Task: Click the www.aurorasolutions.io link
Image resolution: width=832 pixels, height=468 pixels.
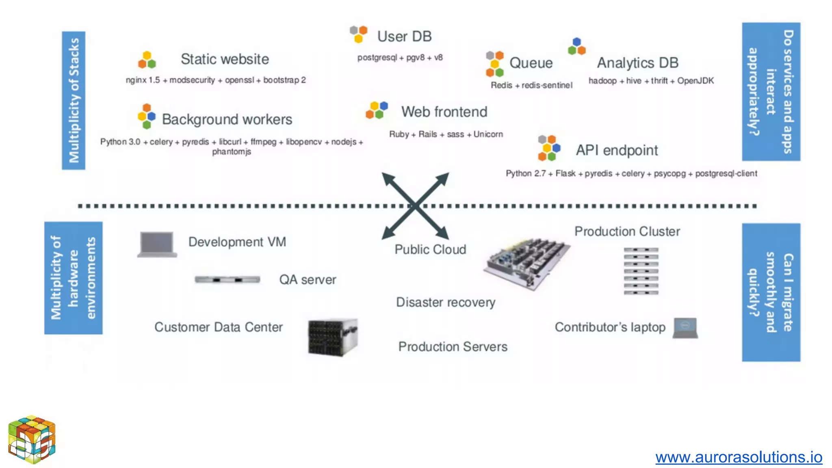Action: point(739,457)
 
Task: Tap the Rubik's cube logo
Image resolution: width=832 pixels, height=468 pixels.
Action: point(32,439)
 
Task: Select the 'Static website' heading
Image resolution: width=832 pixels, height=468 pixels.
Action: point(225,59)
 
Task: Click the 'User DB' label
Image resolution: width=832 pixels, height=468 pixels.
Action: point(404,37)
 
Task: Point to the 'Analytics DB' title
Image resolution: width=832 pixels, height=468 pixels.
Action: point(637,63)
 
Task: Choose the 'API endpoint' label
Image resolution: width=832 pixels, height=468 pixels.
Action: point(616,150)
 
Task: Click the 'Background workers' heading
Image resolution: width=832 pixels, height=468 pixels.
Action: point(227,119)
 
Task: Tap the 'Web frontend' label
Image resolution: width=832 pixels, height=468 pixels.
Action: point(444,112)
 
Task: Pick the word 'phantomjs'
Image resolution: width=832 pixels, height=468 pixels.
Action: point(232,152)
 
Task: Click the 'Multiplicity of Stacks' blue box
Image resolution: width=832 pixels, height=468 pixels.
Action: point(74,100)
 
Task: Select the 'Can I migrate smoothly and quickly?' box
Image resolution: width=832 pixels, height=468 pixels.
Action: point(771,292)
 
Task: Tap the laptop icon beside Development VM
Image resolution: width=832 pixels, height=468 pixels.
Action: point(157,245)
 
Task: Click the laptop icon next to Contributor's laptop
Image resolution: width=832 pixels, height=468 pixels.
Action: point(685,328)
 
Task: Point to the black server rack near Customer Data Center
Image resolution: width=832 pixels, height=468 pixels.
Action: point(333,338)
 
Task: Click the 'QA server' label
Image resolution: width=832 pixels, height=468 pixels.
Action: point(308,280)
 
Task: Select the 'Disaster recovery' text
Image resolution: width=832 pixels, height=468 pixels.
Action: point(446,302)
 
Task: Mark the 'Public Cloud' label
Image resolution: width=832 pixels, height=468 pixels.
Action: point(430,249)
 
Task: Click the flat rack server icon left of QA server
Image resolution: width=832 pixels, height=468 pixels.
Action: point(227,279)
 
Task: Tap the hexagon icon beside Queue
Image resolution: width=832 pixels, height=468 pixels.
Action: point(494,64)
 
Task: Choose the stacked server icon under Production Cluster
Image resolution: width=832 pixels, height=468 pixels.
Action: point(641,271)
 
